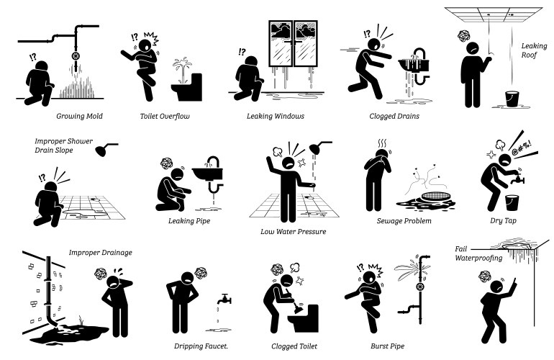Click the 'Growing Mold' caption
(x=79, y=117)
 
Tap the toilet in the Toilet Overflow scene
(x=187, y=88)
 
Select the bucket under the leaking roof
(x=512, y=99)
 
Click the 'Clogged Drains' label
(x=394, y=117)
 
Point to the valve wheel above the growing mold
(x=76, y=56)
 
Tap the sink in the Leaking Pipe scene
(x=208, y=174)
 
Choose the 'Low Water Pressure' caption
(x=294, y=232)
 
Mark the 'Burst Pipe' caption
(x=388, y=346)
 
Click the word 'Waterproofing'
(x=478, y=258)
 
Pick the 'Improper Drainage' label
(x=100, y=253)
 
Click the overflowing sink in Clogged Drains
(x=414, y=65)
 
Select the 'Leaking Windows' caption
(x=276, y=117)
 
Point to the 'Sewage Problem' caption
(x=404, y=221)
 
